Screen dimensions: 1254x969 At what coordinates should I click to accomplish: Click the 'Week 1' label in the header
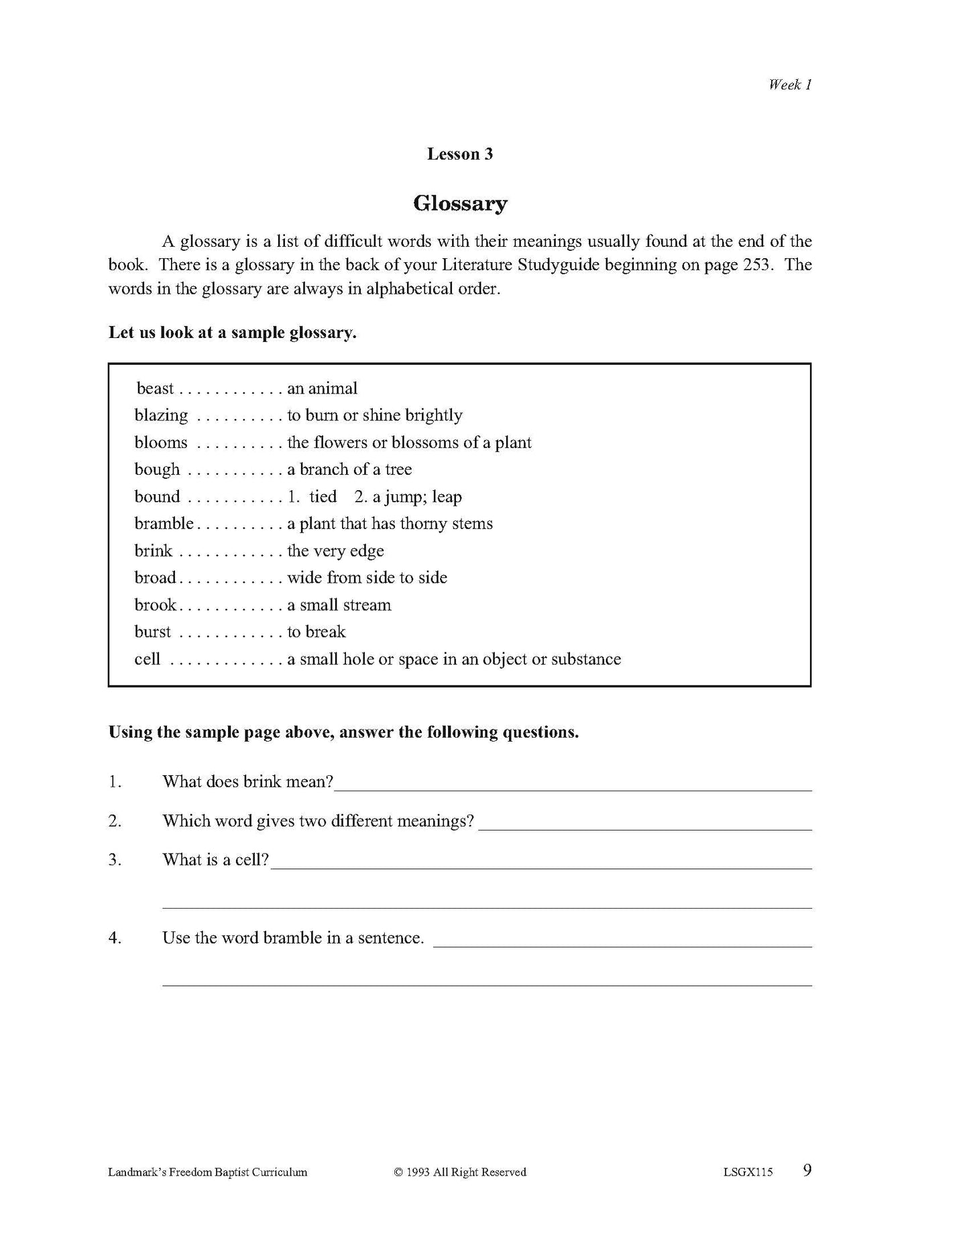tap(789, 84)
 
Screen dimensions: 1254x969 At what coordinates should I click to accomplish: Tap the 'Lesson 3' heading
tap(459, 154)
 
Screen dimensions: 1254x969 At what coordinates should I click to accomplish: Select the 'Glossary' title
tap(459, 203)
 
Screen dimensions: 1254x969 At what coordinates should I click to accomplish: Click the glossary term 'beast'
tap(155, 389)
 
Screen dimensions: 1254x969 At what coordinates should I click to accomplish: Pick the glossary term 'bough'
tap(157, 470)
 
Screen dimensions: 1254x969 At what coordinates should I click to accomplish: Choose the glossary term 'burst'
tap(152, 632)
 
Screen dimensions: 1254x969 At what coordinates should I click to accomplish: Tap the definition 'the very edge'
tap(335, 551)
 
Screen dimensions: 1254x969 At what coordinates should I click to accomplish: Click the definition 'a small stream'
tap(339, 606)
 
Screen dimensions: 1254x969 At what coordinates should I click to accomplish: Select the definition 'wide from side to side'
tap(367, 578)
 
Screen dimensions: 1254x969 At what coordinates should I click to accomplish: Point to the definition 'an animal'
tap(322, 389)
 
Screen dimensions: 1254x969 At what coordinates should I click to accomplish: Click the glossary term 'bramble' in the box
tap(164, 524)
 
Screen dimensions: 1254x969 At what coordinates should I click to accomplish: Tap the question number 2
tap(115, 821)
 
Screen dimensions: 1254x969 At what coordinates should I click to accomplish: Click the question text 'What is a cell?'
tap(215, 860)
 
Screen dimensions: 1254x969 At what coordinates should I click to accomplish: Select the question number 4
tap(115, 938)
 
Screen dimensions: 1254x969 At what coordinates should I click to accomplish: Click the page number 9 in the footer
tap(807, 1171)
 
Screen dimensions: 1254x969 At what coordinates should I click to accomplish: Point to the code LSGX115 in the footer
tap(748, 1172)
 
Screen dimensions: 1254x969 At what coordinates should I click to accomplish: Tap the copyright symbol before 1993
tap(398, 1172)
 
